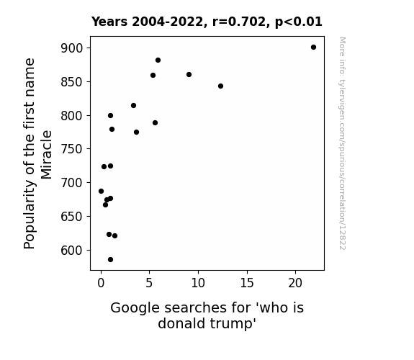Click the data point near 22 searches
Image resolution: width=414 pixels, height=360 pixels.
click(x=313, y=48)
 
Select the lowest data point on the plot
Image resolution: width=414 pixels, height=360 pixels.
click(x=110, y=260)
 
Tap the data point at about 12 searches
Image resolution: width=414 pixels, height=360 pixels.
click(x=221, y=86)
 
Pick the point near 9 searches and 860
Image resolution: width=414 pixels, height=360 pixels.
click(x=189, y=74)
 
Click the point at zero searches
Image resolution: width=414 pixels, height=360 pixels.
click(x=101, y=192)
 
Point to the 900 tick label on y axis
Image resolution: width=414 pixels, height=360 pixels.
click(x=72, y=48)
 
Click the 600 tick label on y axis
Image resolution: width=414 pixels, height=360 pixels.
click(x=72, y=250)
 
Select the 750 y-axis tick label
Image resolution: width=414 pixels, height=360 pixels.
click(x=72, y=149)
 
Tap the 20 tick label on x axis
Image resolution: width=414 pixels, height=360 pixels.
click(x=295, y=283)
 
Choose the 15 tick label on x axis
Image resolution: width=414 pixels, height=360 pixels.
click(x=247, y=283)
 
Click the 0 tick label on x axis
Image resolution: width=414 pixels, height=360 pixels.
click(x=101, y=283)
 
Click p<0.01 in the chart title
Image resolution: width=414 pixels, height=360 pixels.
click(x=299, y=22)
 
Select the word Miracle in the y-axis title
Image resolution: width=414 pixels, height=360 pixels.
click(x=46, y=155)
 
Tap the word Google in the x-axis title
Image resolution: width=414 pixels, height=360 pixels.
click(x=135, y=308)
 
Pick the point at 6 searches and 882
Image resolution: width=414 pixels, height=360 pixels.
click(x=158, y=60)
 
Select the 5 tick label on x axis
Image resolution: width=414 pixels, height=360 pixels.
click(x=149, y=283)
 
